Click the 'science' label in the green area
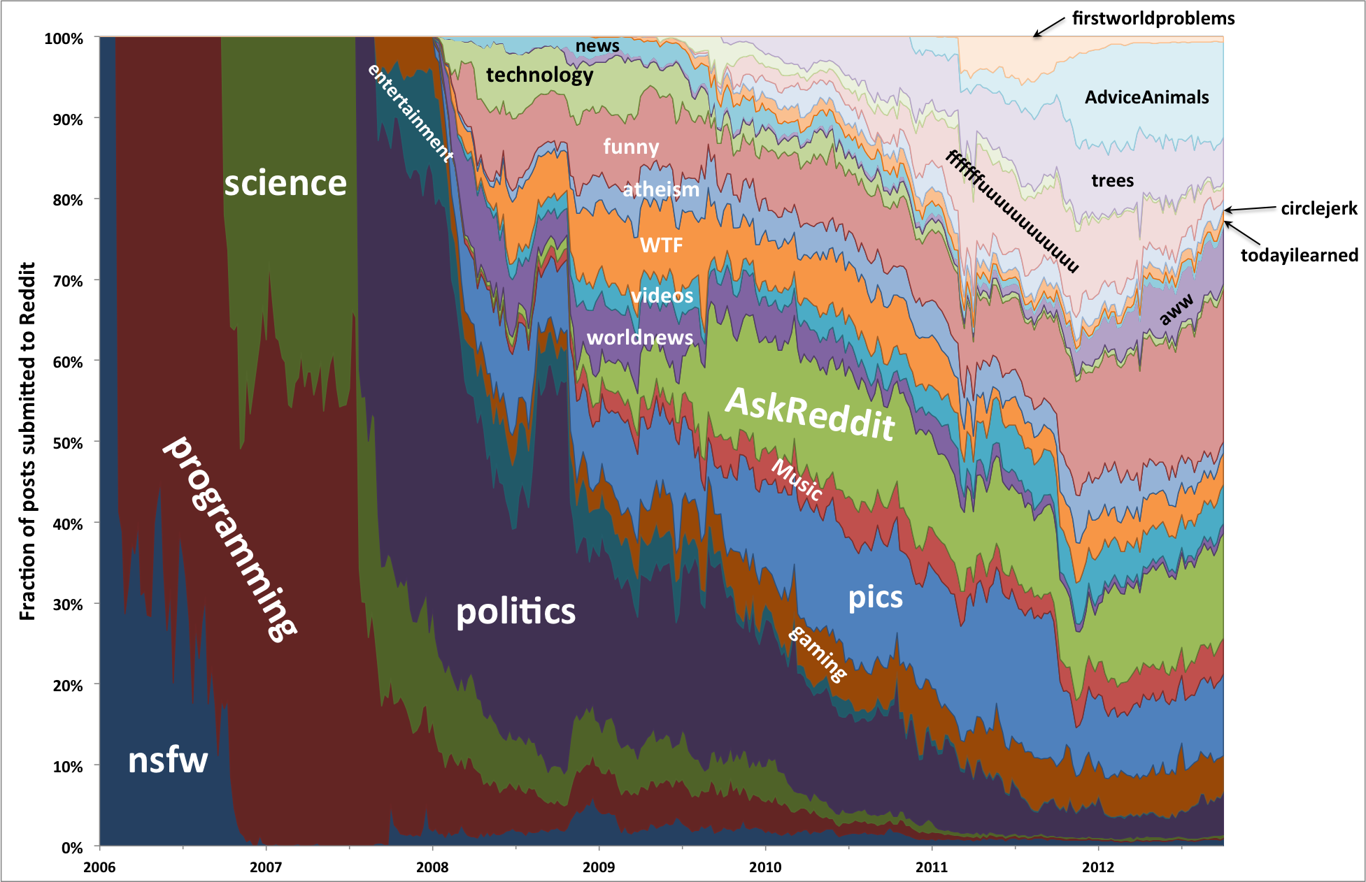285,184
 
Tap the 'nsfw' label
168,760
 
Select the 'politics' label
515,612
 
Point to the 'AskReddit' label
810,414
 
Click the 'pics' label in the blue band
875,598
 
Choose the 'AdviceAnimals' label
1146,97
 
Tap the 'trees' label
1112,181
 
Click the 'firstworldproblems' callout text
1153,18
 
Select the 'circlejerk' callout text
1318,208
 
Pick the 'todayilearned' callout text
1299,255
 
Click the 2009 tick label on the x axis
599,867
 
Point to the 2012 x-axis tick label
1097,867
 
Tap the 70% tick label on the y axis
67,281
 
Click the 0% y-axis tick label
72,848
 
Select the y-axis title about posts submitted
27,441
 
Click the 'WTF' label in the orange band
661,245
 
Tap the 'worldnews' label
639,338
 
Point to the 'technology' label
539,75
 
